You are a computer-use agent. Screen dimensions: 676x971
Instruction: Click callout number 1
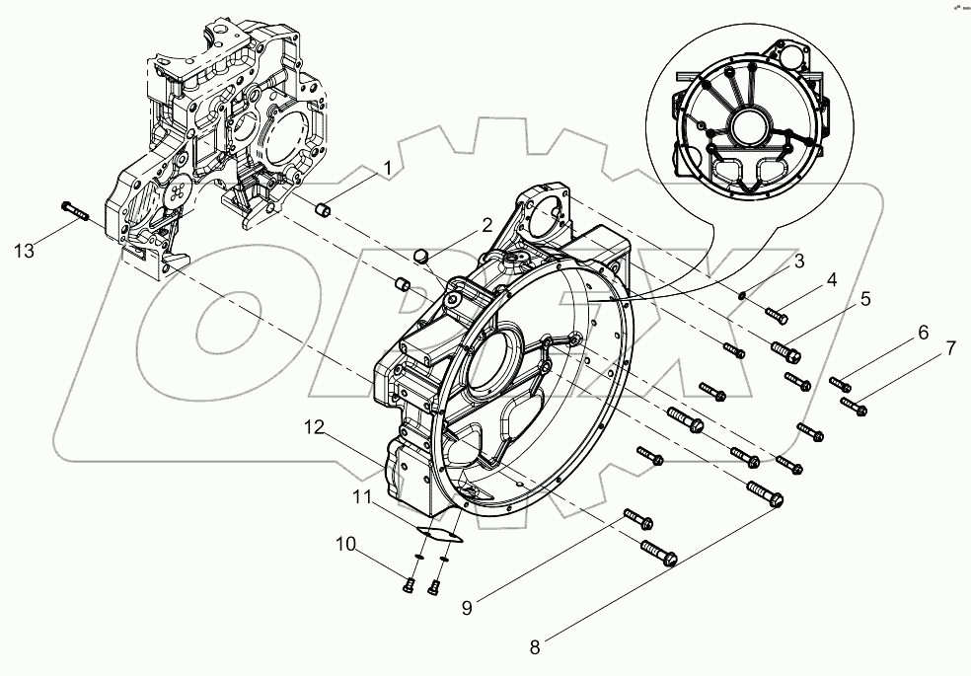click(x=387, y=169)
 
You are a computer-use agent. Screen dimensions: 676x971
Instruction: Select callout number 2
click(x=486, y=225)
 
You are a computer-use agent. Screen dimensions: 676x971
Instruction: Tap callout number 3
click(x=800, y=261)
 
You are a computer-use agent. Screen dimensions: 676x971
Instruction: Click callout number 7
click(x=950, y=348)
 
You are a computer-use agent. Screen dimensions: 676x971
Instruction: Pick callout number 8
click(x=535, y=648)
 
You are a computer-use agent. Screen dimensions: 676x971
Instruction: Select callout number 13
click(x=25, y=251)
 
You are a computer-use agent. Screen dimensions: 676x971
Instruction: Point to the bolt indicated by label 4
click(x=777, y=315)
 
